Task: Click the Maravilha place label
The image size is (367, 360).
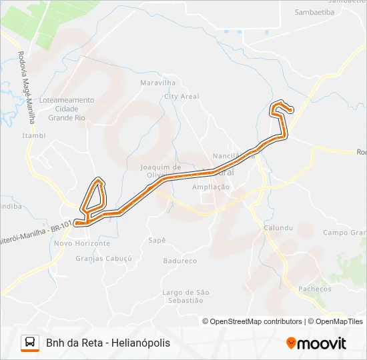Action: coord(157,83)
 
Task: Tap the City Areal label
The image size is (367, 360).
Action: coord(181,97)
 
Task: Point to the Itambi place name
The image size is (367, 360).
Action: coord(34,135)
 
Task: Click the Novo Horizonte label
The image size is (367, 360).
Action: coord(81,243)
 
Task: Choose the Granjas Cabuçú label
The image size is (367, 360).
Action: coord(104,258)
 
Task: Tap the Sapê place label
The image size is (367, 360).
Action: coord(157,239)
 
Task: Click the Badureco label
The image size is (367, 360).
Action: coord(180,261)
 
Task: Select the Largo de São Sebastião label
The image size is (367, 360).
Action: coord(186,296)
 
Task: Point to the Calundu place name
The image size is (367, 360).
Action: coord(278,227)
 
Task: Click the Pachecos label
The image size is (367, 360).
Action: coord(315,289)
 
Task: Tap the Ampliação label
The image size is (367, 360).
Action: coord(211,187)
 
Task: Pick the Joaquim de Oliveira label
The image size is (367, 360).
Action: coord(161,171)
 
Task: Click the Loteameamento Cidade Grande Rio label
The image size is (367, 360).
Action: coord(67,109)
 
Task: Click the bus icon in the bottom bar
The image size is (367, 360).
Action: coord(30,343)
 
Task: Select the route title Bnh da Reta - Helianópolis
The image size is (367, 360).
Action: coord(108,343)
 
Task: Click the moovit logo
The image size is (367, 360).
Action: coord(316,343)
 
